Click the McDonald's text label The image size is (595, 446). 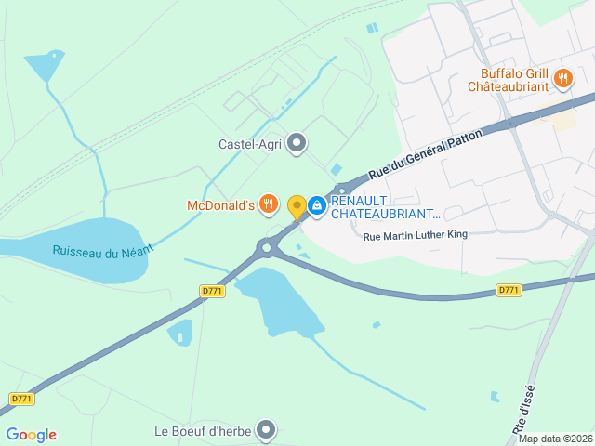tap(220, 204)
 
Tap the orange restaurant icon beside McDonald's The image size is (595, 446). tap(269, 203)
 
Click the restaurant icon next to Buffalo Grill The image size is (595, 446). tap(562, 79)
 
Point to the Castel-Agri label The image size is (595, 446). tap(249, 143)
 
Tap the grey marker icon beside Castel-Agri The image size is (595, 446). tap(297, 142)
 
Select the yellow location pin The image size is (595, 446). tap(297, 206)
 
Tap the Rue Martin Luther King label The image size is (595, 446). tap(415, 235)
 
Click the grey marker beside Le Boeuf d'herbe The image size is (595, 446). tap(267, 429)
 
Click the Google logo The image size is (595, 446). tap(31, 435)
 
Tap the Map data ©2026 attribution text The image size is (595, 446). tap(556, 439)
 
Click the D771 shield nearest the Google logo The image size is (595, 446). tap(21, 399)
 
